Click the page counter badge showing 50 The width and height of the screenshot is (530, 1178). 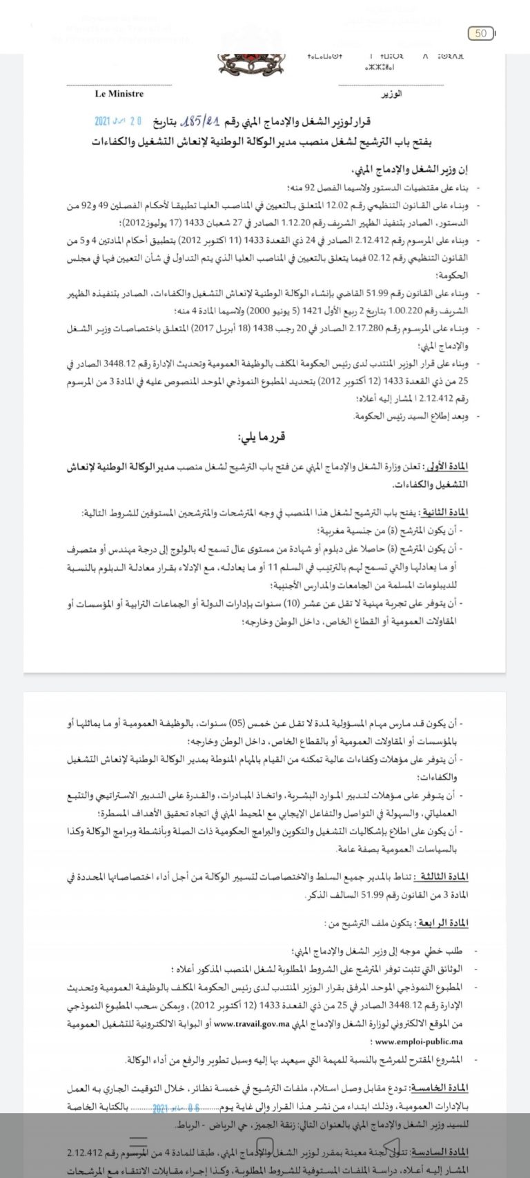click(x=480, y=32)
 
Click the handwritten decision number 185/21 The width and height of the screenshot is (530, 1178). click(x=199, y=121)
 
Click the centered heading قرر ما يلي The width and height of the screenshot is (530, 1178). click(x=262, y=437)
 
